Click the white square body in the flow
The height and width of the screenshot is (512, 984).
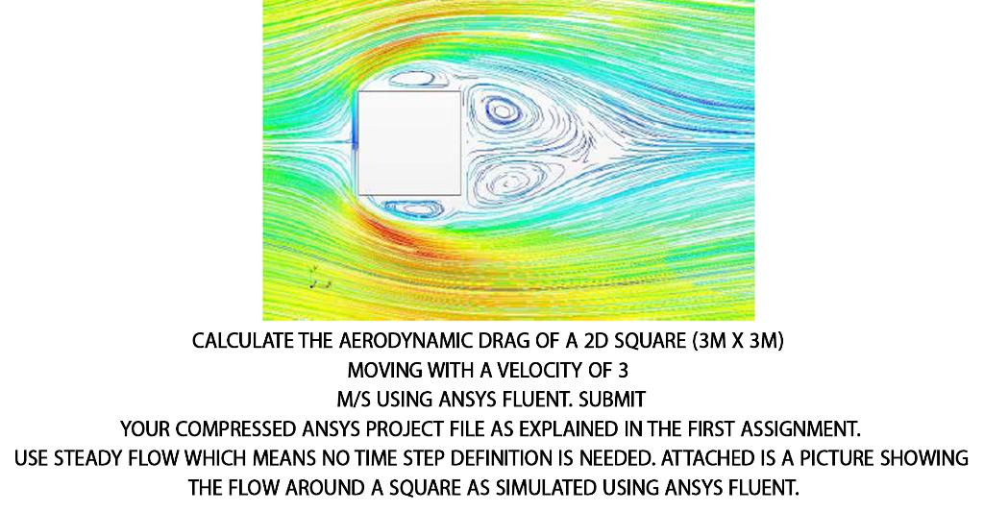click(x=408, y=143)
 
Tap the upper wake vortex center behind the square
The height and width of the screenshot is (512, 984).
click(x=501, y=110)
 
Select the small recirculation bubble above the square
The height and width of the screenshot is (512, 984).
click(x=408, y=81)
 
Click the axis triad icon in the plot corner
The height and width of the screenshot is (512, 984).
click(x=317, y=279)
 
